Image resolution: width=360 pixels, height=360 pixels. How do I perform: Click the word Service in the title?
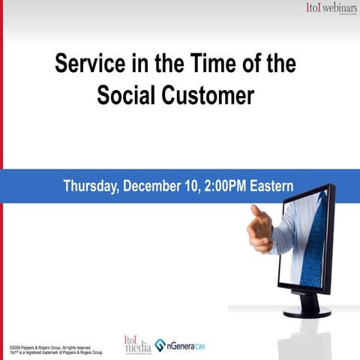coord(88,64)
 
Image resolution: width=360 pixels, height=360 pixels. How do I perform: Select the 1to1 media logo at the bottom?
coord(137,343)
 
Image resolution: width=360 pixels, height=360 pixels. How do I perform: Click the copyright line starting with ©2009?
coord(49,347)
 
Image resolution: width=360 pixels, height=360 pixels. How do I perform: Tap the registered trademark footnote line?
coord(55,352)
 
